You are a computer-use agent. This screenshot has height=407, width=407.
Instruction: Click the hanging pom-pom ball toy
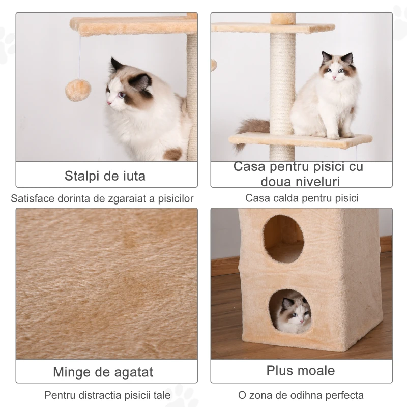pos(78,90)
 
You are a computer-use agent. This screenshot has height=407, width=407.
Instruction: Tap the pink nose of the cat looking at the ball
pos(108,103)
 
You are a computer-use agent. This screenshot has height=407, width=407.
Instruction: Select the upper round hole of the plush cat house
pos(283,239)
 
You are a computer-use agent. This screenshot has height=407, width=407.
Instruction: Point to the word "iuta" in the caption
pos(134,176)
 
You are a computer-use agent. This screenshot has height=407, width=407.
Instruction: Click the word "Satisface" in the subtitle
pos(33,199)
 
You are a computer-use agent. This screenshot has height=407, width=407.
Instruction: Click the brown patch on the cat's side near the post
pos(173,154)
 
